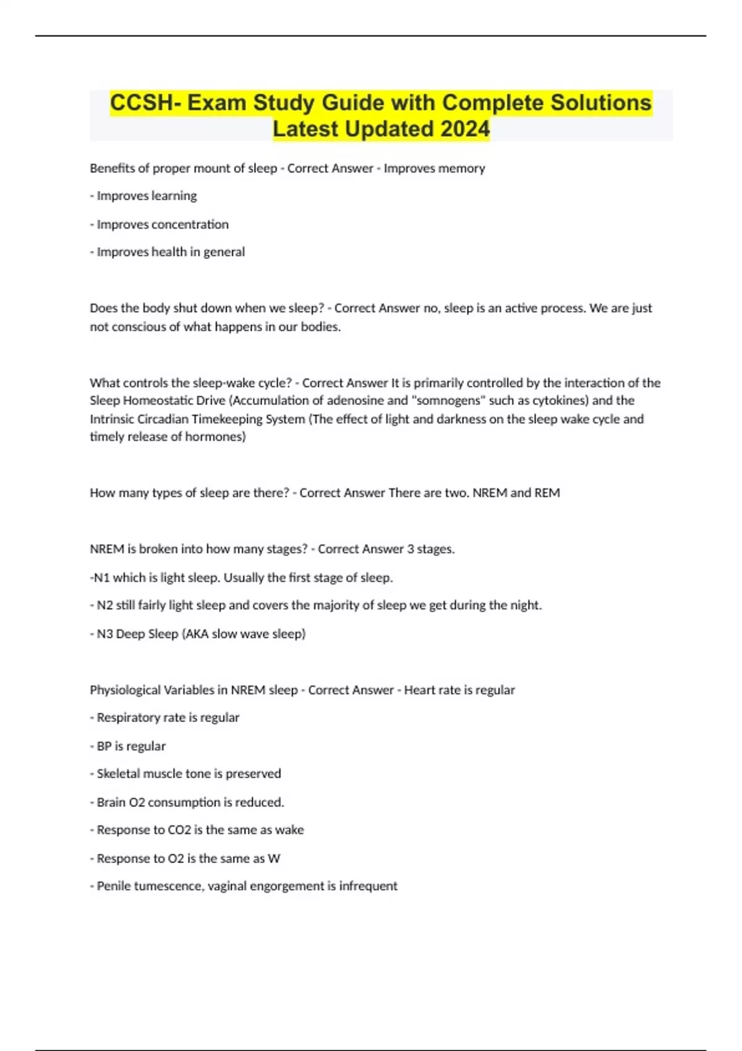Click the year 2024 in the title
(x=464, y=129)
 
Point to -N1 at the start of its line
(x=100, y=577)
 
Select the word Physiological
(x=125, y=690)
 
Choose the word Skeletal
(x=118, y=773)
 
